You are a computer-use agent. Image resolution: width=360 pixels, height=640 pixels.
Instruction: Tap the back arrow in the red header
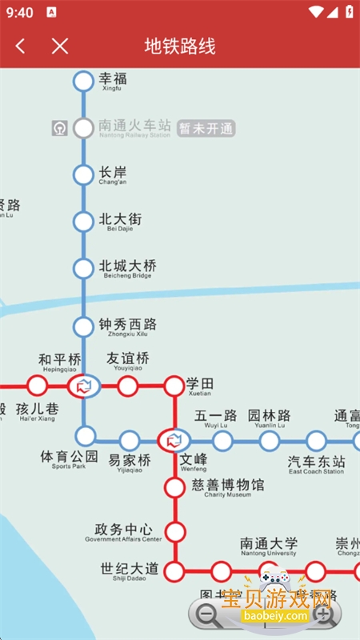pos(21,46)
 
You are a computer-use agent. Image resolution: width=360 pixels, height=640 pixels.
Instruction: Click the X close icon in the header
pos(60,46)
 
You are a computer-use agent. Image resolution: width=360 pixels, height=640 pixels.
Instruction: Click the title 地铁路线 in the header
pos(180,46)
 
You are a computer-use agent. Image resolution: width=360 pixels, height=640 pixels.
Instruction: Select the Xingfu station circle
pos(83,81)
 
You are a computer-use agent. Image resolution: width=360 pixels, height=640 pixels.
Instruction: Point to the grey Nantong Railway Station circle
pos(83,128)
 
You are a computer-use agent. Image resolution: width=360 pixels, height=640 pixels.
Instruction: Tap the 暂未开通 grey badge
pos(206,128)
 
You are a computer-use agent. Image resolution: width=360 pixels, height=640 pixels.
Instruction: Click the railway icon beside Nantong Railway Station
pos(60,128)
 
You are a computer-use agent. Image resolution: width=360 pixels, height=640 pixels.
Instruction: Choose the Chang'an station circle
pos(83,174)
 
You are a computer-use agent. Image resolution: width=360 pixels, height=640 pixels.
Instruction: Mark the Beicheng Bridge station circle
pos(83,269)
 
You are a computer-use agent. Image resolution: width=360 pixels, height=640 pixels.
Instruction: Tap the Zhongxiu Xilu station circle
pos(83,326)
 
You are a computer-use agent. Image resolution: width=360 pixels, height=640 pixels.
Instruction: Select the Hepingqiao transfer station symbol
pos(83,386)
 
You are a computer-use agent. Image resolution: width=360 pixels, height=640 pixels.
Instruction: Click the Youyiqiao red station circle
pos(127,386)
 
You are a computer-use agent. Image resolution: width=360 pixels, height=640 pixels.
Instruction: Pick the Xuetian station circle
pos(174,386)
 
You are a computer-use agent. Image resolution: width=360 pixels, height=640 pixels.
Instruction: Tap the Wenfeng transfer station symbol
pos(174,440)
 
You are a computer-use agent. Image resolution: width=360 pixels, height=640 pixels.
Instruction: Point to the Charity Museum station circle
pos(174,486)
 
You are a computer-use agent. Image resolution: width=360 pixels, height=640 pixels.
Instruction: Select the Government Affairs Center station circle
pos(174,531)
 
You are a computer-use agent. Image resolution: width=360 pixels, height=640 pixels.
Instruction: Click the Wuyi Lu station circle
pos(222,440)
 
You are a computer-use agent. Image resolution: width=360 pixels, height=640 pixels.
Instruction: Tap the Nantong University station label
pos(269,546)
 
